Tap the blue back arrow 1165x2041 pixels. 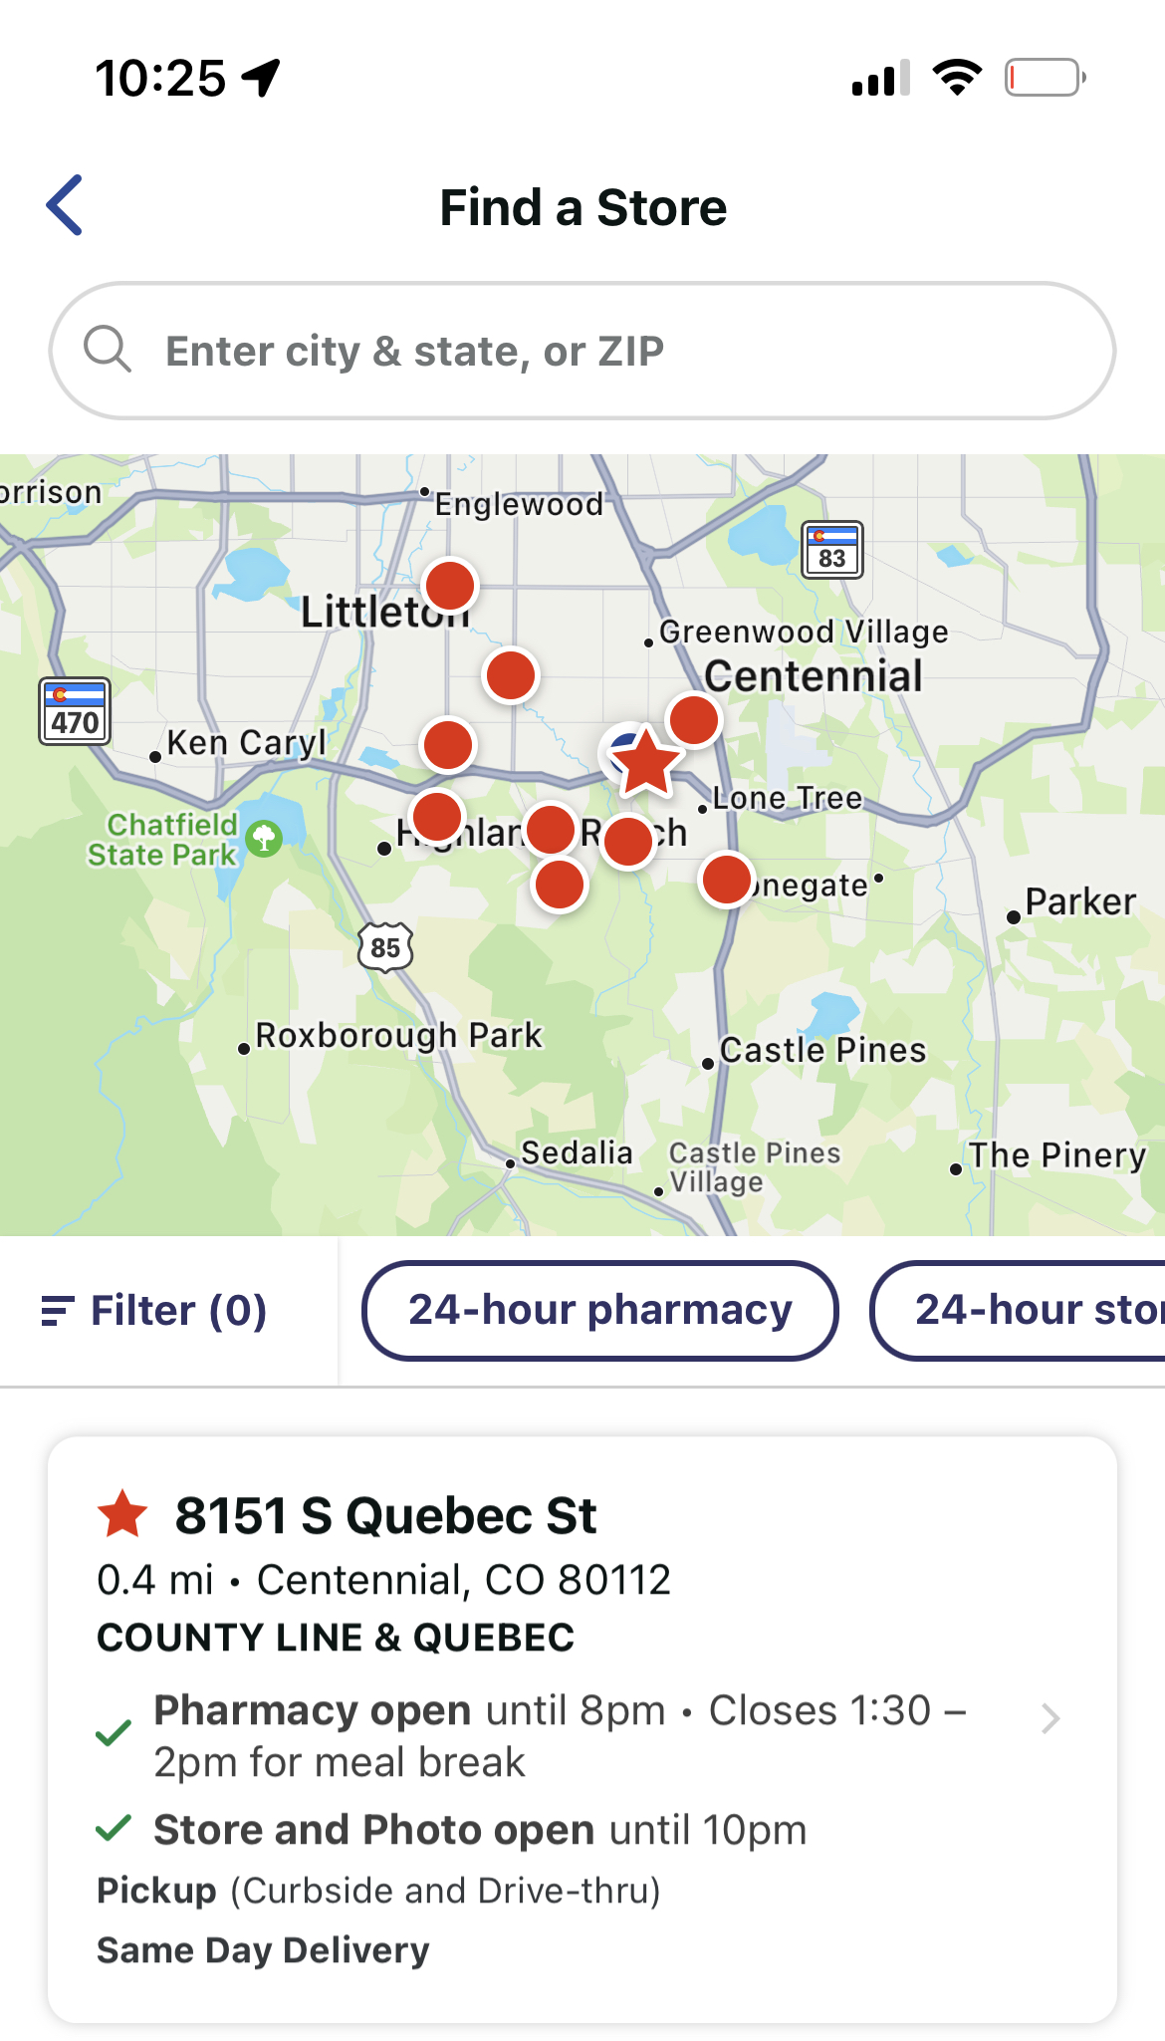[x=65, y=205]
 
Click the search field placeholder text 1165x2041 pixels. [x=414, y=352]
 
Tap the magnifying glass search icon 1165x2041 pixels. [x=108, y=350]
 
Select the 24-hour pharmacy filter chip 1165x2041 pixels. [x=599, y=1310]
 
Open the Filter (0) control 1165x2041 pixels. [x=155, y=1310]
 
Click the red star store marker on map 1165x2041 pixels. [x=646, y=762]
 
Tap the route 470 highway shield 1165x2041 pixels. [x=75, y=711]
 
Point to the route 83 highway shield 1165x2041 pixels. [x=832, y=550]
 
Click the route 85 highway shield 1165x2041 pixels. [x=385, y=946]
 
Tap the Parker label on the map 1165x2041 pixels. [x=1079, y=902]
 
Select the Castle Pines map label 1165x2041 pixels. [x=822, y=1050]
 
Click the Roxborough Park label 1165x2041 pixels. [x=398, y=1036]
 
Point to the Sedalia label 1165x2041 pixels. [x=577, y=1153]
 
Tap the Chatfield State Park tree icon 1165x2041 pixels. [x=264, y=838]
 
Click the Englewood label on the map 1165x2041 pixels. [x=519, y=504]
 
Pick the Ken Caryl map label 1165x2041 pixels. [x=246, y=743]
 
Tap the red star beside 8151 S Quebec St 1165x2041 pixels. [x=122, y=1515]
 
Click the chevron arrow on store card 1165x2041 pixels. [x=1049, y=1718]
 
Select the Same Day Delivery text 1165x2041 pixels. [x=263, y=1949]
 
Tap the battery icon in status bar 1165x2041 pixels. [x=1044, y=78]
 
